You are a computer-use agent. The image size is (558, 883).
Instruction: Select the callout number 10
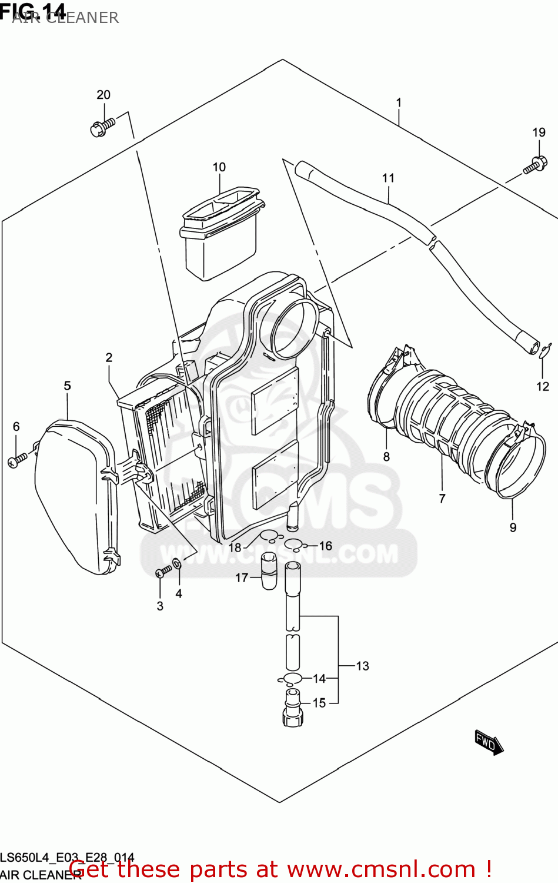[219, 167]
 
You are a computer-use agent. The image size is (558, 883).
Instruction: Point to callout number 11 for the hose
[388, 178]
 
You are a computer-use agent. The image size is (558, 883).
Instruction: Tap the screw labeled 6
[17, 460]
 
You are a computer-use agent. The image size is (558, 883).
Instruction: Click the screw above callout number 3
[163, 571]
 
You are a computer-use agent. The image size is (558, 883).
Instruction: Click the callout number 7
[442, 499]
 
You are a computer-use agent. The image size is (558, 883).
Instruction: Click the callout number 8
[386, 456]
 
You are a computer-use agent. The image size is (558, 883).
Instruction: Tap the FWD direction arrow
[489, 742]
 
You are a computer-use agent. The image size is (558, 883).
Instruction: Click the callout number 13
[363, 666]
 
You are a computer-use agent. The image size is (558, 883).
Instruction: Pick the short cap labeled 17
[269, 570]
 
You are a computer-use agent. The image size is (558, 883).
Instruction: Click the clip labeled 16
[293, 543]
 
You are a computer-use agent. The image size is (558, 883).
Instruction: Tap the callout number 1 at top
[399, 102]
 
